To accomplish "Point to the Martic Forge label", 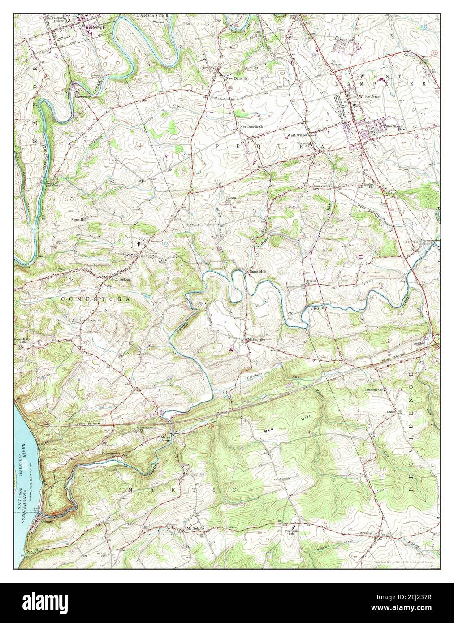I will (x=166, y=437).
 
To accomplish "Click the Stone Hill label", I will (x=79, y=220).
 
